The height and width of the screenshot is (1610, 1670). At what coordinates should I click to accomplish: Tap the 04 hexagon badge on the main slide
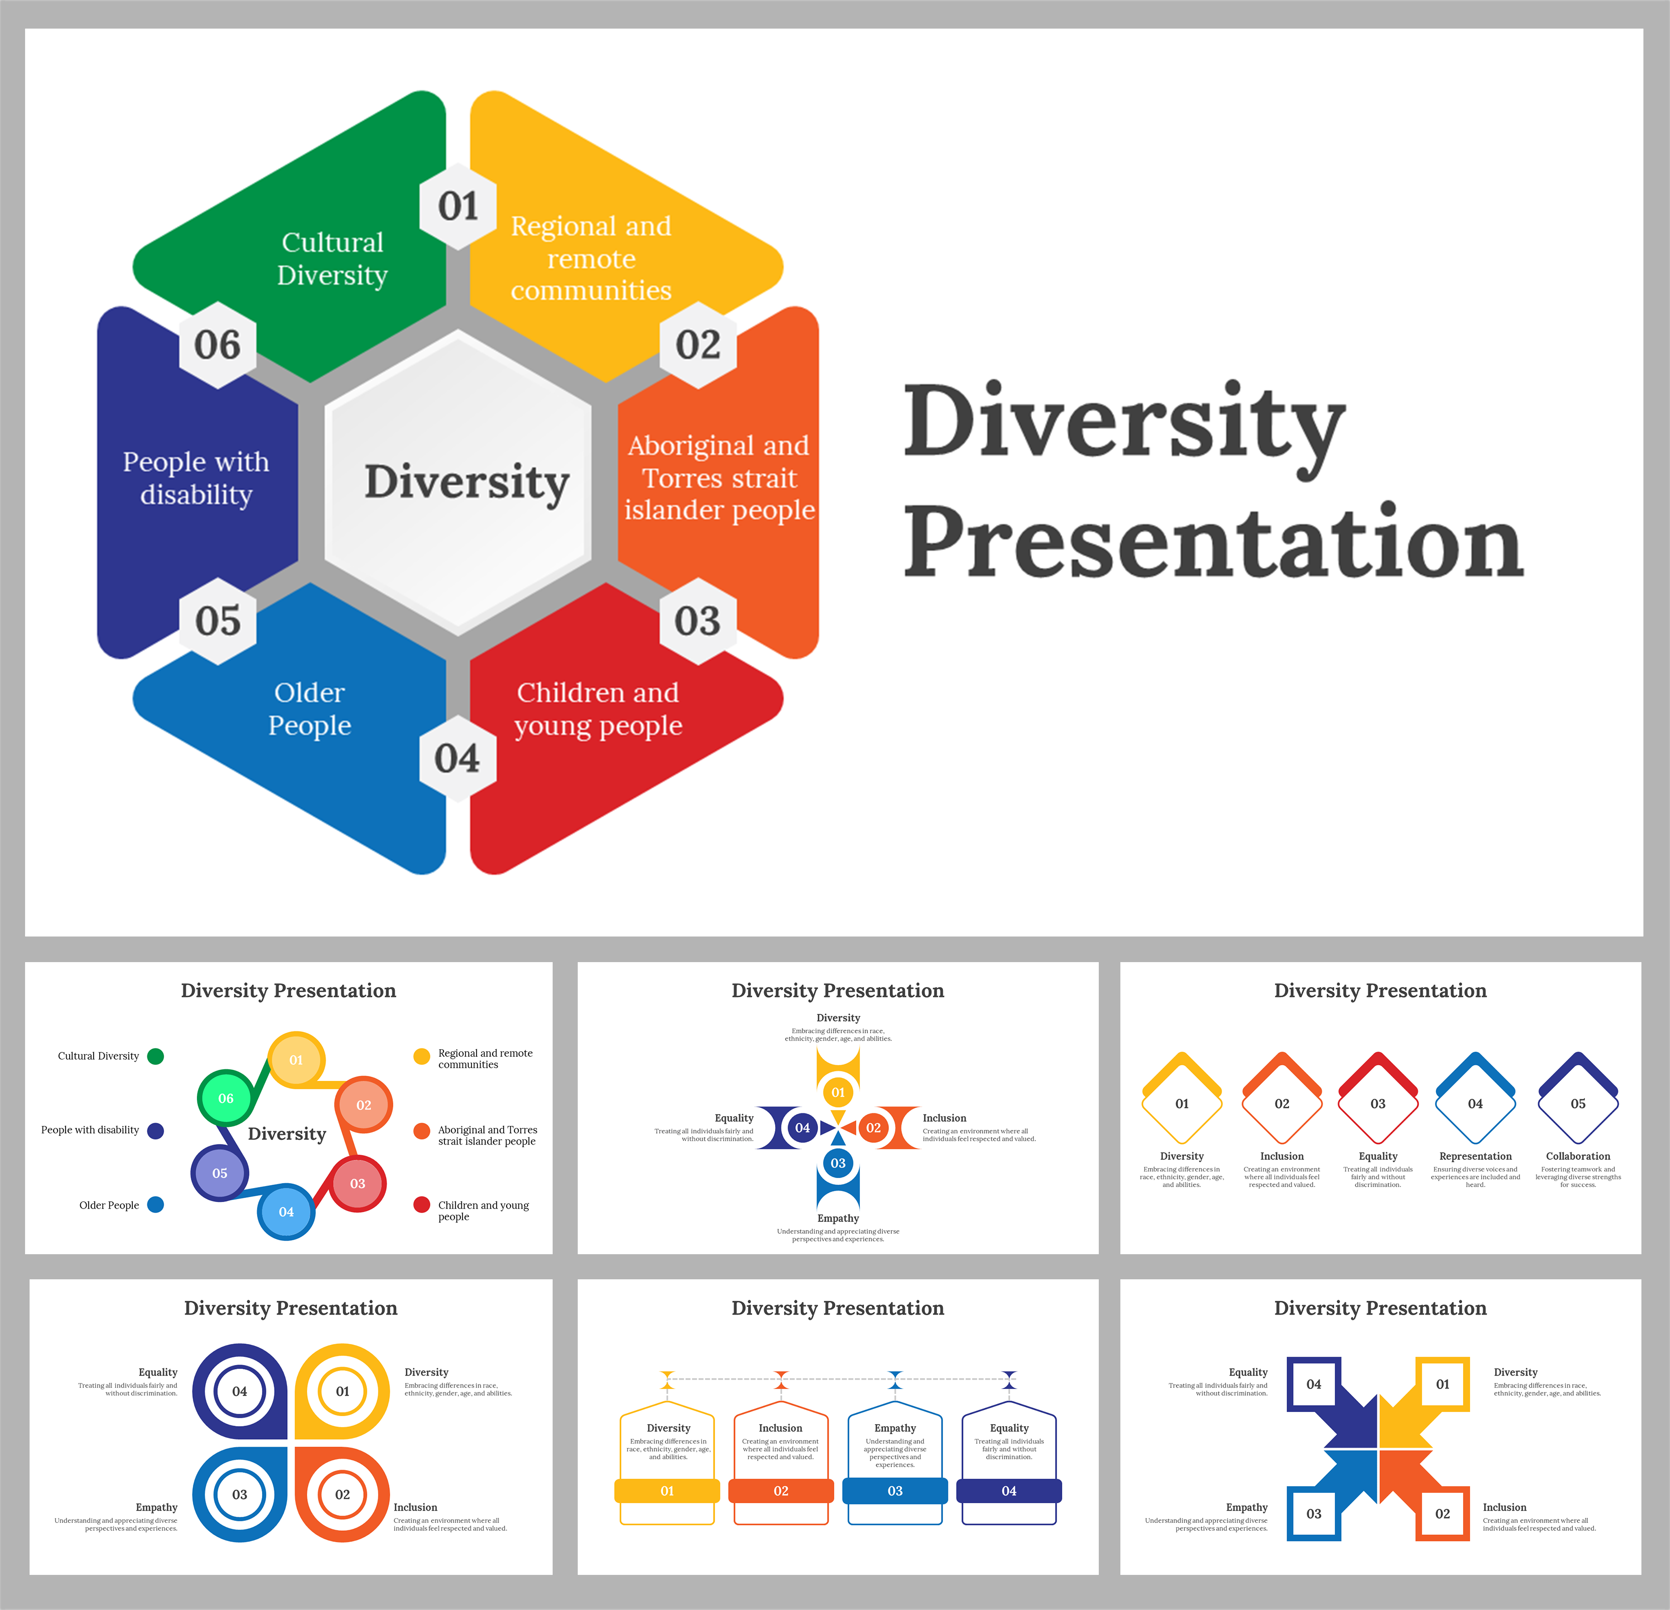[457, 758]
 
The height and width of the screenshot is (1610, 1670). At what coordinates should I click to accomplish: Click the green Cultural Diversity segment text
[332, 258]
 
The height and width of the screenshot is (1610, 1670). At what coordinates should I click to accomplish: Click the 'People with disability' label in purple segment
[196, 478]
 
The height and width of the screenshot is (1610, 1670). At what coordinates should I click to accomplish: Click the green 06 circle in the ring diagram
[226, 1098]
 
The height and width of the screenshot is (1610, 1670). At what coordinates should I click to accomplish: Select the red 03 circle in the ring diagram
[358, 1183]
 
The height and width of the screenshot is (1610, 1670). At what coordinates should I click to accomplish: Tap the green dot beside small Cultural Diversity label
[155, 1056]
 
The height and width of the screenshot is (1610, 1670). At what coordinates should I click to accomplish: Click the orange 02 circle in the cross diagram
[873, 1127]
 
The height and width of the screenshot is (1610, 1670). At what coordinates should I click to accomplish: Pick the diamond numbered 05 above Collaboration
[1577, 1103]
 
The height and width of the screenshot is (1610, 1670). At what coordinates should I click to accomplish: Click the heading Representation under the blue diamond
[1475, 1156]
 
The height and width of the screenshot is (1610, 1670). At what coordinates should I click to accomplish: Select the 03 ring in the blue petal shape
[240, 1494]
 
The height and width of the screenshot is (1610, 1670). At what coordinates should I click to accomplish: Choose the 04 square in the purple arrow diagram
[1313, 1384]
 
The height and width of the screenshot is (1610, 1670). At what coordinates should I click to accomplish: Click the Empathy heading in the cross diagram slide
[838, 1218]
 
